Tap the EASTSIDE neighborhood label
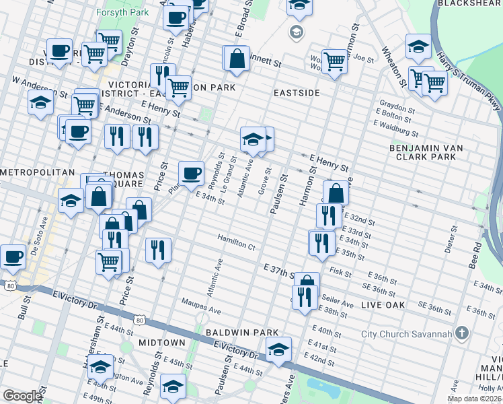pyautogui.click(x=297, y=92)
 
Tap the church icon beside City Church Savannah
pyautogui.click(x=461, y=333)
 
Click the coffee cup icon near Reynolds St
pyautogui.click(x=191, y=174)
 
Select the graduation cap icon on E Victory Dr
pyautogui.click(x=278, y=349)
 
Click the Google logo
pyautogui.click(x=22, y=396)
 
